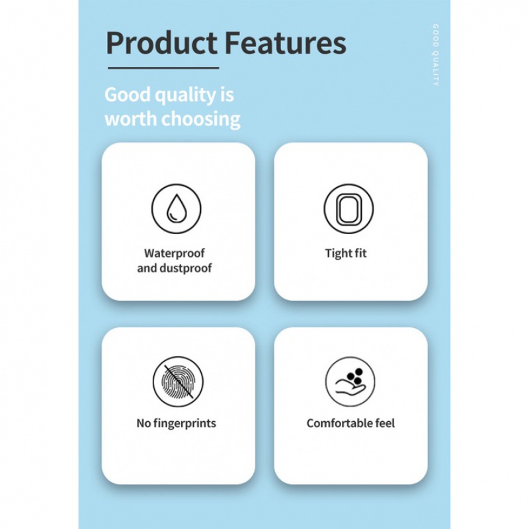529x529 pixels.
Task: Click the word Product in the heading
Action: click(161, 43)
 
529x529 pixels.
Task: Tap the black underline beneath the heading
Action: click(162, 67)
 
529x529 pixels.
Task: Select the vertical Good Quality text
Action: click(436, 56)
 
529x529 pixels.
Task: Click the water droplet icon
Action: click(176, 209)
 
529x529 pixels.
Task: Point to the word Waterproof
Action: click(175, 253)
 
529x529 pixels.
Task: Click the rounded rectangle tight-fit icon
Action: click(348, 209)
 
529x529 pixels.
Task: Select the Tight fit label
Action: click(346, 253)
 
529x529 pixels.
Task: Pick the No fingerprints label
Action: click(176, 423)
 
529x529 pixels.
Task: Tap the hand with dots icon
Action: click(350, 382)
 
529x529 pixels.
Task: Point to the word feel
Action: click(385, 423)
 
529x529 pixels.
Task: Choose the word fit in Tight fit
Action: click(360, 253)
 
